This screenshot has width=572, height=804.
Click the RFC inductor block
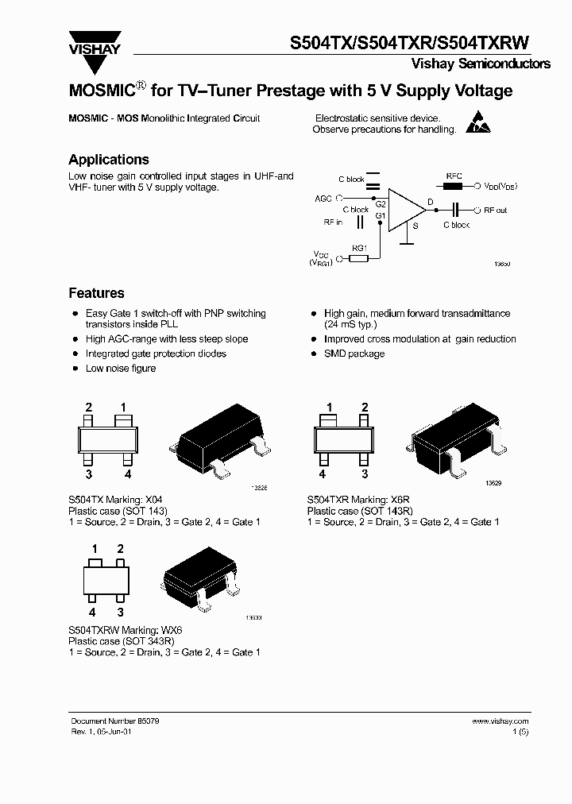click(x=454, y=186)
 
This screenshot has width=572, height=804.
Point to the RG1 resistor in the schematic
click(x=359, y=258)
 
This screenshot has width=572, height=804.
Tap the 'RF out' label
click(x=496, y=211)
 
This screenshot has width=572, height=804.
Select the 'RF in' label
click(x=333, y=223)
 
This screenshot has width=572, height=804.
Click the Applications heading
click(x=108, y=160)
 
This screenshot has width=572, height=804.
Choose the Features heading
click(x=96, y=293)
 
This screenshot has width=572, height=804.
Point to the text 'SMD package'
click(x=354, y=354)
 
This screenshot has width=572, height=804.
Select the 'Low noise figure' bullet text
click(x=121, y=369)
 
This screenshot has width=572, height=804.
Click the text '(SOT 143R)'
click(x=387, y=512)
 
